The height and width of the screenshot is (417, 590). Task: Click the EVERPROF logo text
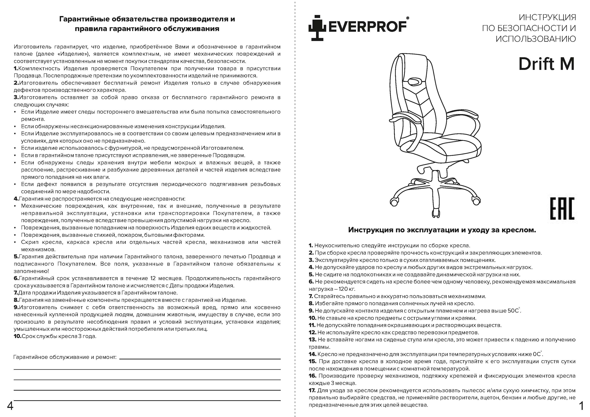(x=367, y=27)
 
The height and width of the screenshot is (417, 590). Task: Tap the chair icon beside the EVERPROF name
(x=317, y=29)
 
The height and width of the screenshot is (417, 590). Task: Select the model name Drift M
(x=546, y=64)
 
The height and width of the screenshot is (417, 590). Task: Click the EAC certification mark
(x=562, y=209)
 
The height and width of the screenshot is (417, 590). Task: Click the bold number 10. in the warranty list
(x=17, y=336)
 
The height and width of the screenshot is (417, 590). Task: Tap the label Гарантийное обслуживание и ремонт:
(x=65, y=357)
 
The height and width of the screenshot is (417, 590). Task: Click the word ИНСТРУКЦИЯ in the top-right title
(x=547, y=17)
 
